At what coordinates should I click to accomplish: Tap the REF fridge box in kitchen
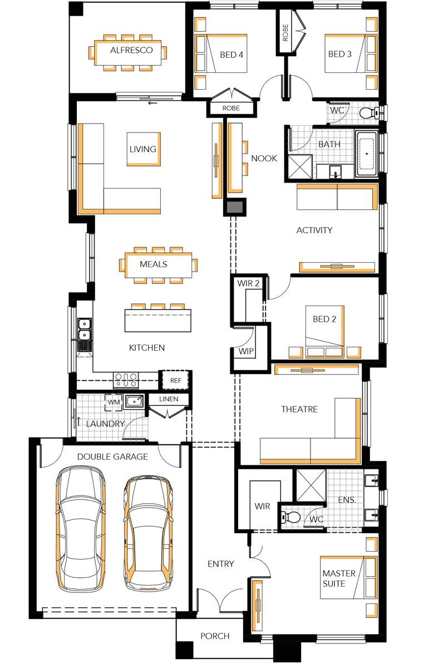coord(176,380)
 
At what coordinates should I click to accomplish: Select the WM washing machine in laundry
coord(114,401)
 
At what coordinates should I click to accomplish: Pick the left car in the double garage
coord(80,529)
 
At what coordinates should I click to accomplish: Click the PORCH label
coord(215,636)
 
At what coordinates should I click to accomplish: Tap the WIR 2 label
coord(249,283)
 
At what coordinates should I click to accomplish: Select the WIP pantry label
coord(246,352)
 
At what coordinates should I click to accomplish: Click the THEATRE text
coord(299,409)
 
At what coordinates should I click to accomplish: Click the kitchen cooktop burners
coord(126,380)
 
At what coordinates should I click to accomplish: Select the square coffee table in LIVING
coord(144,149)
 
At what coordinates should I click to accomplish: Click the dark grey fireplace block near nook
coord(234,207)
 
